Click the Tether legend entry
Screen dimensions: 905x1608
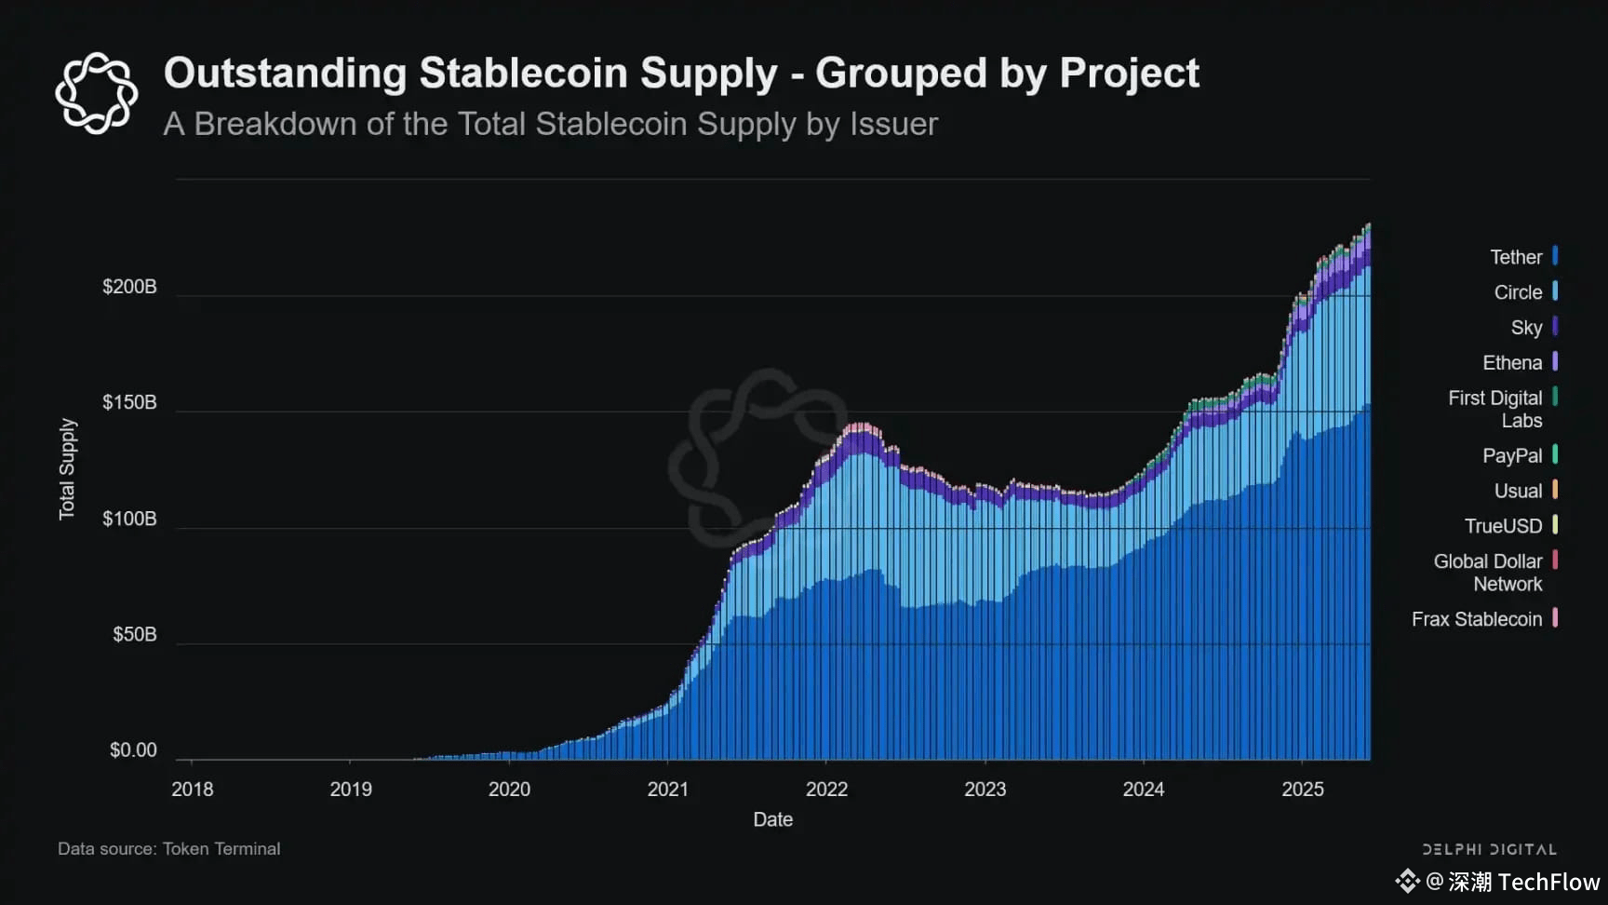coord(1516,257)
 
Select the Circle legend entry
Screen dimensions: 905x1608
coord(1518,292)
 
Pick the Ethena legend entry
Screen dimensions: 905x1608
coord(1512,363)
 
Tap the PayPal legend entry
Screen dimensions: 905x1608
coord(1512,456)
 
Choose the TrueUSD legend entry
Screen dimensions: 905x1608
coord(1503,526)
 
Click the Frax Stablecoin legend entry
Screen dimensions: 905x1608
coord(1477,619)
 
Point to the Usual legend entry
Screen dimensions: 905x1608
coord(1518,491)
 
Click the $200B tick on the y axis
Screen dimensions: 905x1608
coord(129,287)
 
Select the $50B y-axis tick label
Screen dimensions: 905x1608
coord(135,635)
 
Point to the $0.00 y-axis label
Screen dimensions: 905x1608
coord(133,750)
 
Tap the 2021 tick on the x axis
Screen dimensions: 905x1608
coord(668,790)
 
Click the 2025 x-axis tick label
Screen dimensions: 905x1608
coord(1303,790)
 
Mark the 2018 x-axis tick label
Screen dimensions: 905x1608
coord(193,790)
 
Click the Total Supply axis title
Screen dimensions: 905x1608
coord(67,469)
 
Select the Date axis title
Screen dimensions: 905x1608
coord(773,819)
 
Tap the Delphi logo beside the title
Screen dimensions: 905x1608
coord(96,93)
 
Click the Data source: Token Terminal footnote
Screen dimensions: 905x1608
coord(168,849)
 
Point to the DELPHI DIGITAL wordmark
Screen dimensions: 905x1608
coord(1489,849)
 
